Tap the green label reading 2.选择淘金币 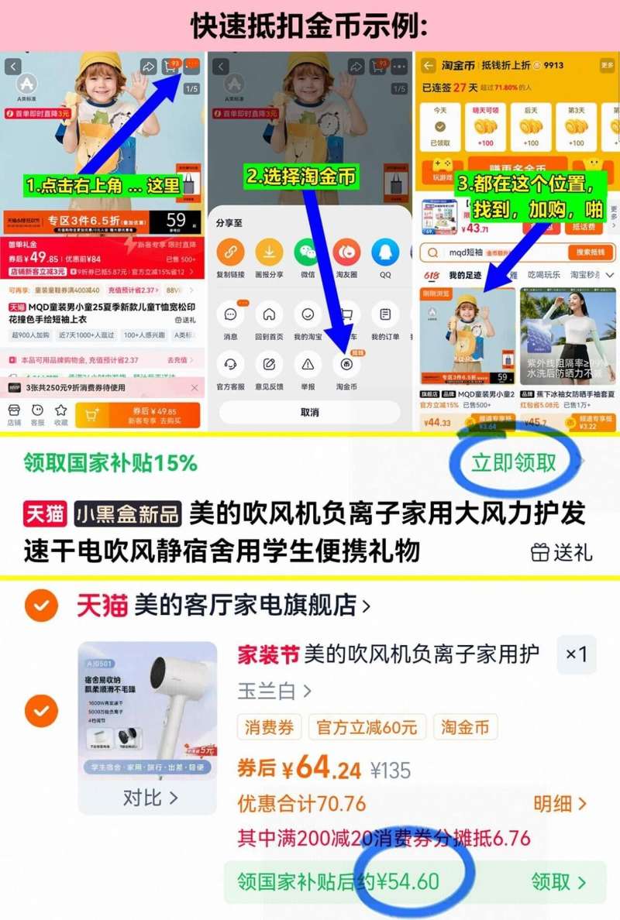[301, 176]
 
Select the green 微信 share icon [307, 252]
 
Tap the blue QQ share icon [384, 252]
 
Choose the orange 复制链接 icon [230, 252]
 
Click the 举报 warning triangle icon [308, 363]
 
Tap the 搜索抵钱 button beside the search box [591, 252]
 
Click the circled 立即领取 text [514, 462]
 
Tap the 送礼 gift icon [540, 552]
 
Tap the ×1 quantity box [576, 655]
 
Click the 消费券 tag [269, 728]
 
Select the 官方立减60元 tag [367, 728]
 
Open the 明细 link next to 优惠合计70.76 [560, 804]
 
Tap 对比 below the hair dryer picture [150, 798]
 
